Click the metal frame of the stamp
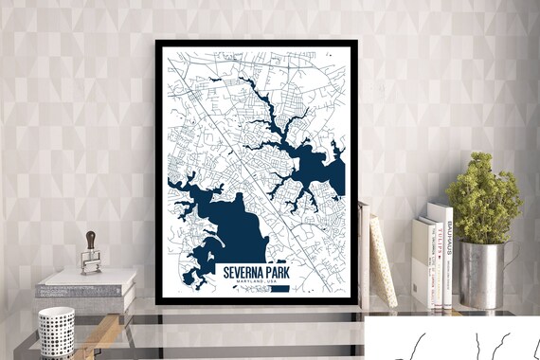[91, 261]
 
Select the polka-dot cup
[56, 331]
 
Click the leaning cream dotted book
[382, 260]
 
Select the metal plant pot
[480, 275]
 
